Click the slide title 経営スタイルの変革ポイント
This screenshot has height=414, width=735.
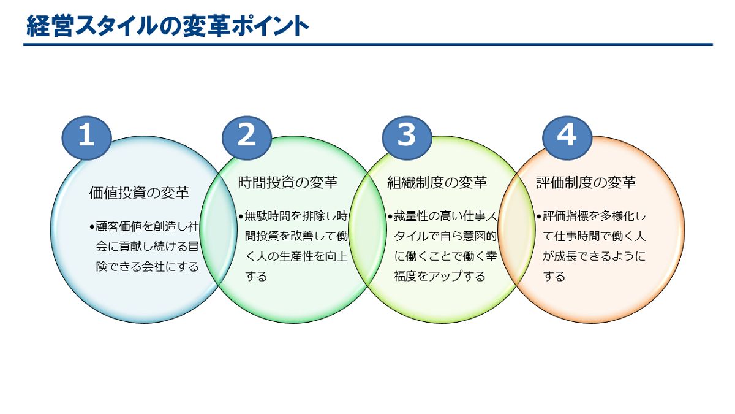coord(168,26)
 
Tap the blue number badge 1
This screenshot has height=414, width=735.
coord(86,137)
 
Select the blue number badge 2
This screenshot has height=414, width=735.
coord(247,137)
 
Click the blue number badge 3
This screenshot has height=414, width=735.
coord(407,137)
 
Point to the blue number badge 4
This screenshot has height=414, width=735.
coord(567,137)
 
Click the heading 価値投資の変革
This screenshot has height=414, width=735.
coord(139,193)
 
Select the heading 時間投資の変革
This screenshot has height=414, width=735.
coord(288,183)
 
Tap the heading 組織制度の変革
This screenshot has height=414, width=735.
coord(437,183)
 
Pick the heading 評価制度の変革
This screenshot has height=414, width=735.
coord(586,183)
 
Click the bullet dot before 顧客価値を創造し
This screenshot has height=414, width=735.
coord(92,227)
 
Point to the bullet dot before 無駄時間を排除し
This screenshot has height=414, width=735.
coord(241,217)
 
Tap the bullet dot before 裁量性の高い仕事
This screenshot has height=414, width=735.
coord(390,217)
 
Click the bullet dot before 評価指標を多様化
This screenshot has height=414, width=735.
coord(539,217)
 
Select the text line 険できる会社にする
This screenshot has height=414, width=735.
coord(148,266)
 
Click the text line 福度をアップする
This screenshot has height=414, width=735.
coord(439,277)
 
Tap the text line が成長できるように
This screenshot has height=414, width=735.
coord(594,256)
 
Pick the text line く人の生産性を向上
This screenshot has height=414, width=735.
coord(296,256)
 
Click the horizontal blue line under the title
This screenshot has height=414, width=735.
coord(368,44)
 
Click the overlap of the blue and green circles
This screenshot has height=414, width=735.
coord(218,229)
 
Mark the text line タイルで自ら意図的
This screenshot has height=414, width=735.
coord(445,236)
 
